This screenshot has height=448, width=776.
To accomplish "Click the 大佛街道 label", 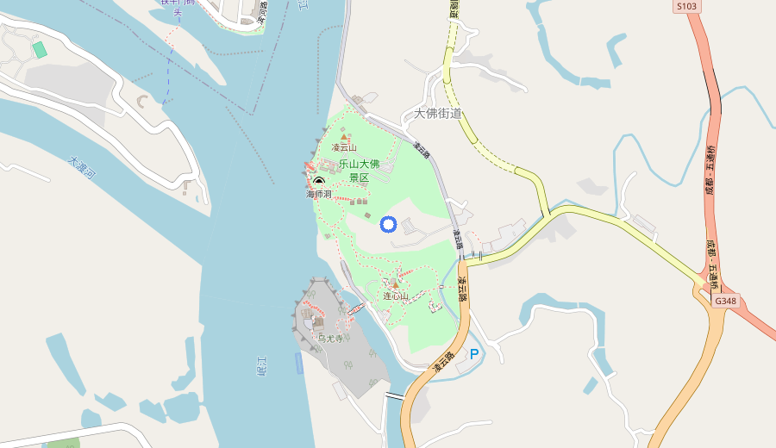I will point(438,113).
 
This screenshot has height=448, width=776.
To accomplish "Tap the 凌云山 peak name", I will point(344,148).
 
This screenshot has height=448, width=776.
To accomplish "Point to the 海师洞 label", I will point(318,195).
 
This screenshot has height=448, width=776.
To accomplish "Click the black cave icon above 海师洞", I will point(319,181).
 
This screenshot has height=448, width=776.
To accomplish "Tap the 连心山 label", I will point(396,296).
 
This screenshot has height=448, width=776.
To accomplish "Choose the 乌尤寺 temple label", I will point(330,339).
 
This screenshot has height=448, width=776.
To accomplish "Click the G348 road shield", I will point(725,301).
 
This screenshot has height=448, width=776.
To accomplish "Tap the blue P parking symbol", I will point(473,354).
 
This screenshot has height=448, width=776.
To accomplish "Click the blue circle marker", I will point(388,225).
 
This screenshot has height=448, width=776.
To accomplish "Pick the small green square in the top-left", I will point(39,49).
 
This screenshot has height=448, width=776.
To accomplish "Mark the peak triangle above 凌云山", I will point(344,137).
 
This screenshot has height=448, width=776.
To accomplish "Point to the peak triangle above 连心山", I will point(396,284).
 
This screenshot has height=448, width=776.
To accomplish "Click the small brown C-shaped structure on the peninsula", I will point(142,101).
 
